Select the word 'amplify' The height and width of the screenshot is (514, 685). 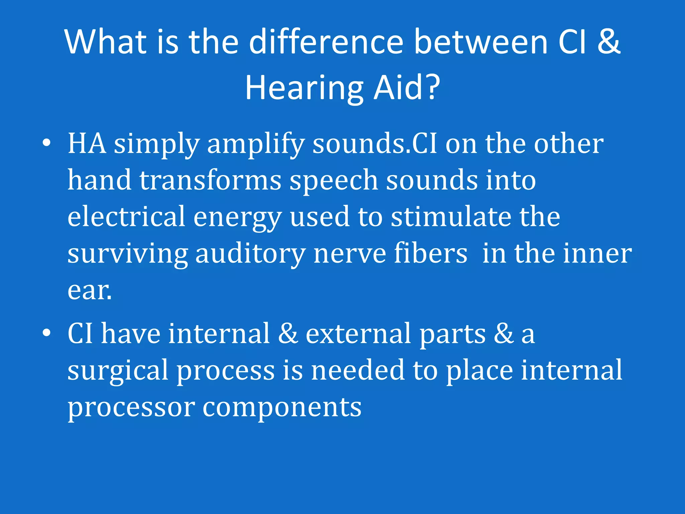coord(256,145)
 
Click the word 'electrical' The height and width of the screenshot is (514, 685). coord(126,217)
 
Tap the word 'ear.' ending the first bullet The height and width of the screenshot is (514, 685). coord(89,290)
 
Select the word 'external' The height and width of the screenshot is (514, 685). coord(358,333)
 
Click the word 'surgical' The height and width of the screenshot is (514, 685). coord(118,371)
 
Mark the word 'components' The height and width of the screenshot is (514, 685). coord(282,408)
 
